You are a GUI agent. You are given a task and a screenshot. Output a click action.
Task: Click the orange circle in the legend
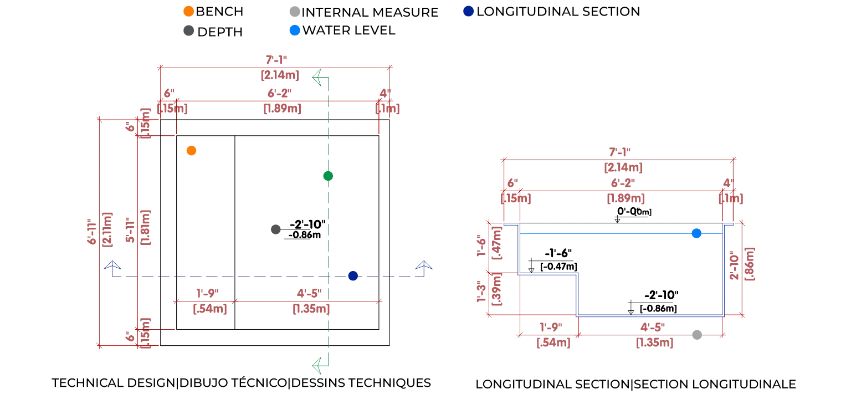click(188, 11)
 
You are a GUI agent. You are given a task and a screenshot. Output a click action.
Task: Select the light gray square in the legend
click(295, 11)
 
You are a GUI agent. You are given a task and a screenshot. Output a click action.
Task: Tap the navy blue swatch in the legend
click(468, 11)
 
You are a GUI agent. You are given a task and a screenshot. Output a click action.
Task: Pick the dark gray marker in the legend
click(188, 29)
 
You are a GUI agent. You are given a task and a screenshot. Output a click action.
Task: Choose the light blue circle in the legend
click(295, 29)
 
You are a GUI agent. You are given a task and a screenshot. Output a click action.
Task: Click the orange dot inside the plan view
click(192, 150)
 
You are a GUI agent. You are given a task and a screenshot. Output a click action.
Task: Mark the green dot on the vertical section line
click(329, 176)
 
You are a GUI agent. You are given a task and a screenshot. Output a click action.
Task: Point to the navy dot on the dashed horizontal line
click(352, 277)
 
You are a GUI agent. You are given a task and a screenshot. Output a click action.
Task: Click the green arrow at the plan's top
click(318, 78)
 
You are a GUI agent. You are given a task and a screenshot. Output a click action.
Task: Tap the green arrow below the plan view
click(318, 366)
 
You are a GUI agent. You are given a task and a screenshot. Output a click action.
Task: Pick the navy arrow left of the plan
click(112, 264)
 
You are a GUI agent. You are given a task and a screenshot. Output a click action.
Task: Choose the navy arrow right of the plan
click(424, 264)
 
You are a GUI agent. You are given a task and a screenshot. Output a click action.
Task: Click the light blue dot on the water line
click(698, 233)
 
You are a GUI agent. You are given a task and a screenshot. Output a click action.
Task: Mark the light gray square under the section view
click(698, 334)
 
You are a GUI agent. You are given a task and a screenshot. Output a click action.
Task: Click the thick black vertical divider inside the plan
click(235, 233)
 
